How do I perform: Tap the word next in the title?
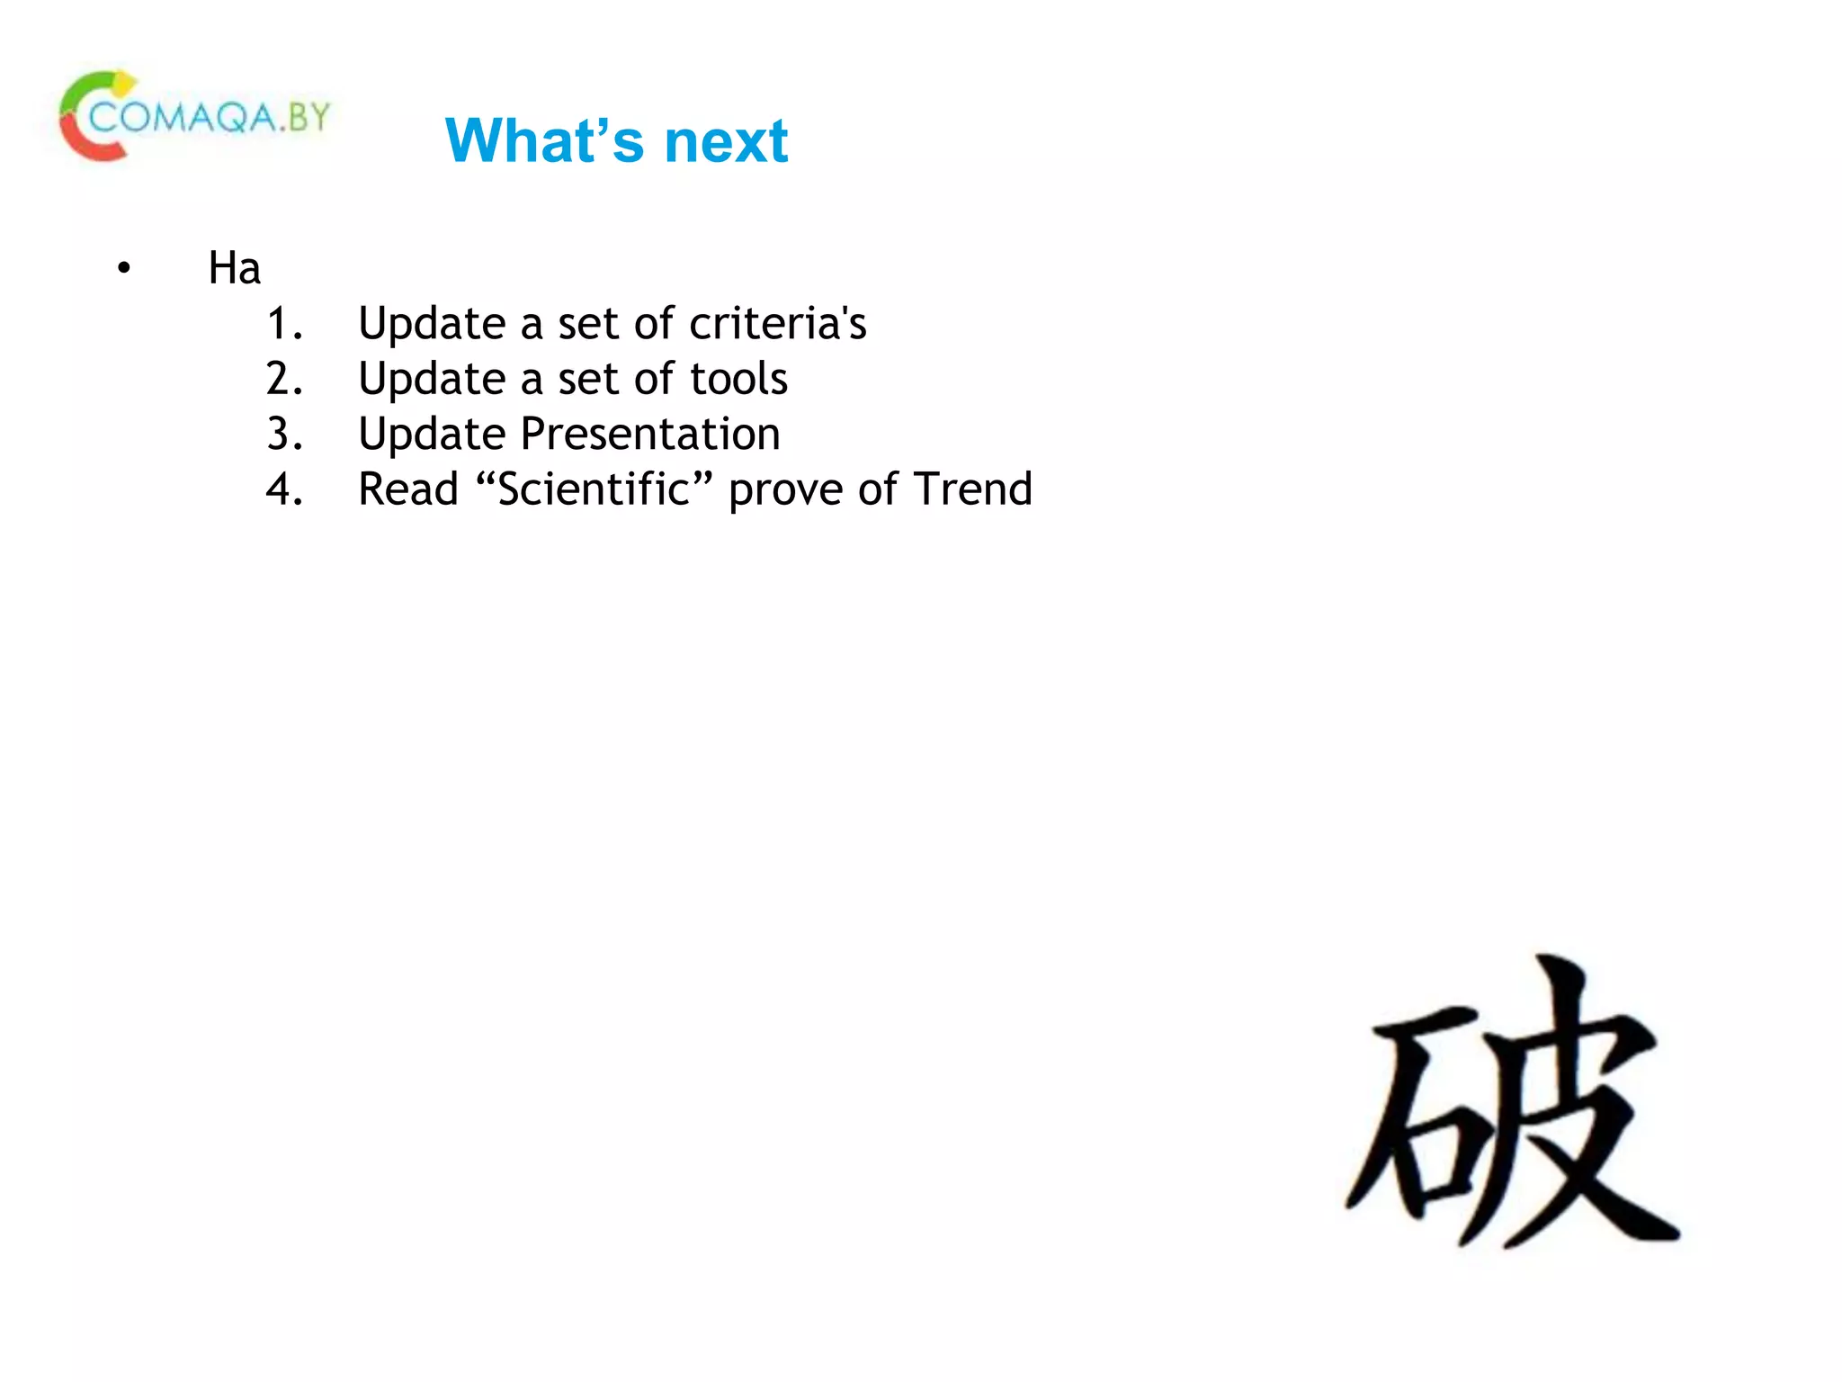tap(726, 141)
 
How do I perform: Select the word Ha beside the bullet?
tap(234, 268)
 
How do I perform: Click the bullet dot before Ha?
tap(124, 268)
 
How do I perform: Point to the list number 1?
tap(284, 324)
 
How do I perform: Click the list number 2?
tap(284, 379)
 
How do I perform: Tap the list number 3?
tap(284, 435)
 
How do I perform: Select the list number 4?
tap(284, 489)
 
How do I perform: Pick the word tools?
tap(738, 379)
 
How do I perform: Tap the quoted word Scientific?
tap(594, 489)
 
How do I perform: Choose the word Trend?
tap(972, 489)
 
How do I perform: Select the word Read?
tap(408, 489)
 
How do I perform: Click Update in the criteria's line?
tap(432, 324)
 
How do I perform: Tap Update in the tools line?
tap(432, 379)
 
